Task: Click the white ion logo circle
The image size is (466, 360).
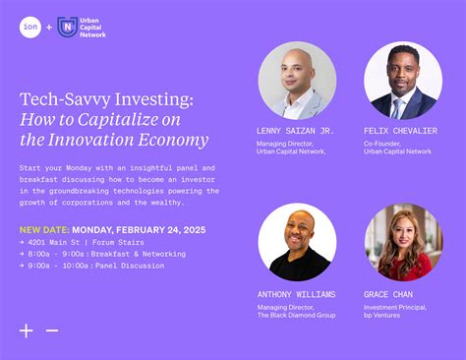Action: pyautogui.click(x=30, y=28)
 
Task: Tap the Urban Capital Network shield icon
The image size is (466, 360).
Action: pyautogui.click(x=68, y=28)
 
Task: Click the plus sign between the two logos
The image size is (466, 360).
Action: pyautogui.click(x=49, y=28)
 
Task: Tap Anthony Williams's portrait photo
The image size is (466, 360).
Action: pyautogui.click(x=297, y=242)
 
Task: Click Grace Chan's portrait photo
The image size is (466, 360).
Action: pyautogui.click(x=403, y=242)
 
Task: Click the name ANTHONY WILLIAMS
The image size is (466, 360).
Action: pyautogui.click(x=296, y=294)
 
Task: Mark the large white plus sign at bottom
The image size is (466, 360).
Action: pyautogui.click(x=27, y=330)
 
